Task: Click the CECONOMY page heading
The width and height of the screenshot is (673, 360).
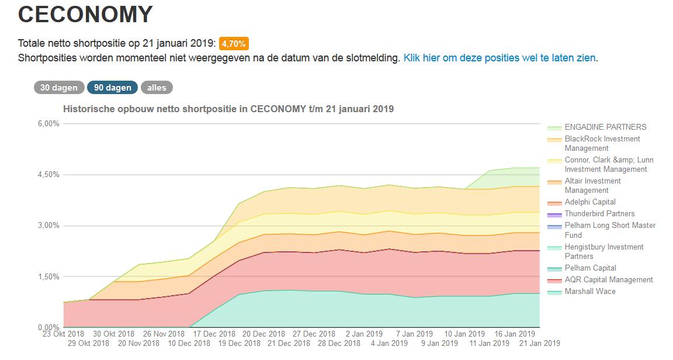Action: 85,15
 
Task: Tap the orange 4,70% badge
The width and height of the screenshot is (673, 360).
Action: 234,43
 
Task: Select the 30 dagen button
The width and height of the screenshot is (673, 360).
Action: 58,88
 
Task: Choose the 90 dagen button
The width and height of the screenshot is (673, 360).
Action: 112,88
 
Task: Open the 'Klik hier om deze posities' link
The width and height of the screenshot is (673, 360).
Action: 499,58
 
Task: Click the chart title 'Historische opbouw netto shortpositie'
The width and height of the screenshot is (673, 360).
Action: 228,109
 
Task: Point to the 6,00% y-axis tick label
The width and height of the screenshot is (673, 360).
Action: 48,124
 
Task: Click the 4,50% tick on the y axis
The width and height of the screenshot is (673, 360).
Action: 48,175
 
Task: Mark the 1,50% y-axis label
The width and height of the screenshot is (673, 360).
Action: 48,276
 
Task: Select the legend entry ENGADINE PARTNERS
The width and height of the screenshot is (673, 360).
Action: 605,127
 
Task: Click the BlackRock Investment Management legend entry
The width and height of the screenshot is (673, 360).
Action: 602,144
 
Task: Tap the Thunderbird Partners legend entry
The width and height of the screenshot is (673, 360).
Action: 599,214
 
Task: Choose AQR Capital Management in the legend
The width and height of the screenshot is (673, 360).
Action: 609,280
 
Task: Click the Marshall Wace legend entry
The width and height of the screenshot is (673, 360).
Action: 590,292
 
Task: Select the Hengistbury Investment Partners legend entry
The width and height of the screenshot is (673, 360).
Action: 604,252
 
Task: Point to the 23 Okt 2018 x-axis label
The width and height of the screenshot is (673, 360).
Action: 64,335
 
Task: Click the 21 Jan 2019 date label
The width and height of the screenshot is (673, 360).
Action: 540,344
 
